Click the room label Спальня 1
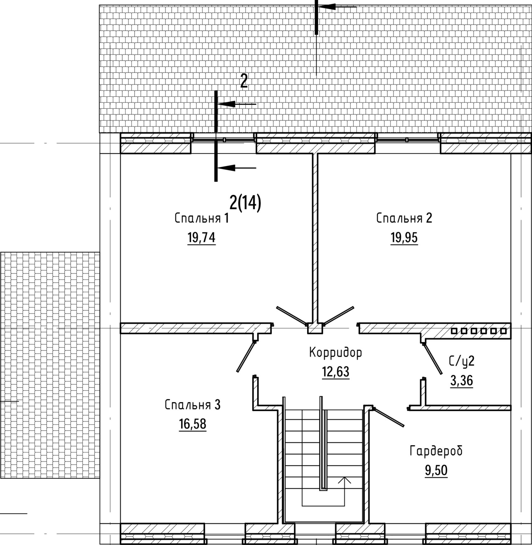coord(201,219)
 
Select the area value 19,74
coord(201,237)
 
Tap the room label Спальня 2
coord(404,218)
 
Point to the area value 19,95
coord(404,237)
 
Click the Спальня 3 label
coord(193,405)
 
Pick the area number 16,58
coord(193,424)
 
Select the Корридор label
coord(335,353)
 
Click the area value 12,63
coord(336,372)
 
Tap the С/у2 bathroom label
coord(462,362)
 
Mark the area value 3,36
coord(462,381)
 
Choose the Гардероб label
coord(436,451)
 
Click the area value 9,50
coord(436,471)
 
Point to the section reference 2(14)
coord(245,202)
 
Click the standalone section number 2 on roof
coord(244,82)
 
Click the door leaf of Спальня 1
coord(291,316)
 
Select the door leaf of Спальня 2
coord(339,315)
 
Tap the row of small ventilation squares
coord(479,331)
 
